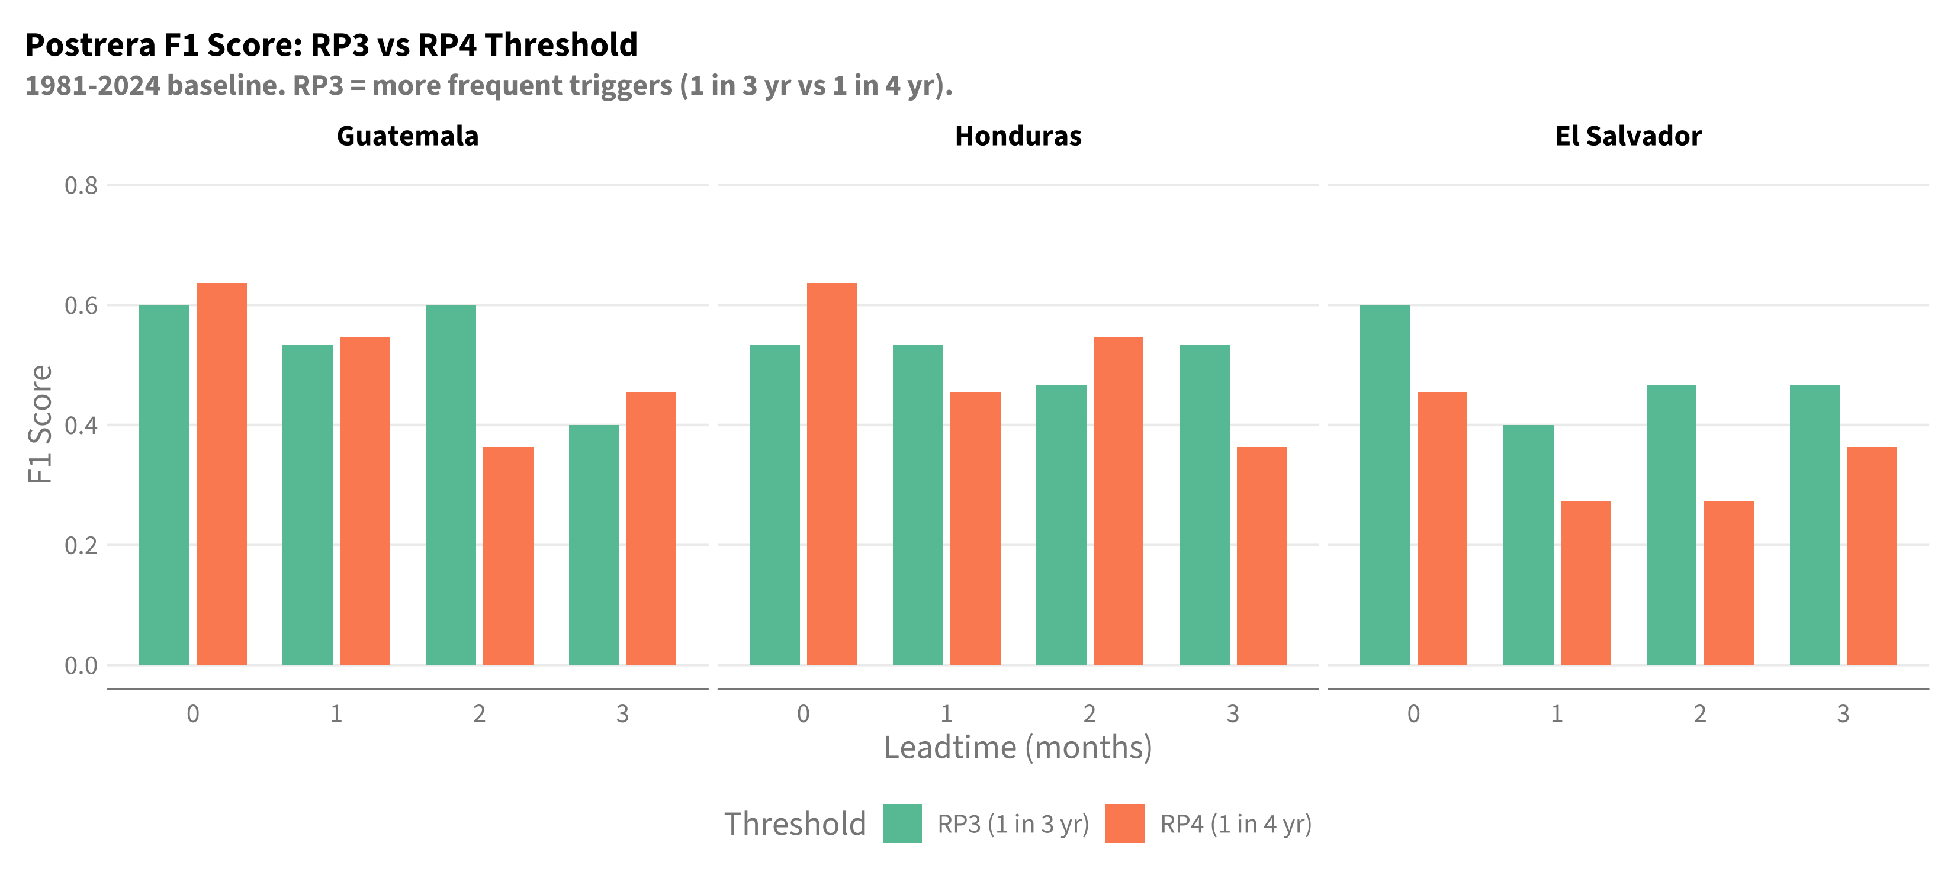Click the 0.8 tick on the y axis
pyautogui.click(x=81, y=186)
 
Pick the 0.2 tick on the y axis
pyautogui.click(x=81, y=545)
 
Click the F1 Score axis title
pyautogui.click(x=40, y=424)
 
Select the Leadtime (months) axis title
pyautogui.click(x=1018, y=748)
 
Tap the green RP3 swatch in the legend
pyautogui.click(x=902, y=823)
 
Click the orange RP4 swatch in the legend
pyautogui.click(x=1125, y=823)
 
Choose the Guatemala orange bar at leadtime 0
pyautogui.click(x=221, y=474)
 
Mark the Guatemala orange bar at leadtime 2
pyautogui.click(x=508, y=556)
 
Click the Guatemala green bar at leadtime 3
pyautogui.click(x=594, y=545)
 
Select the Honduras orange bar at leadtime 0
pyautogui.click(x=832, y=474)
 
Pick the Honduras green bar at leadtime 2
pyautogui.click(x=1061, y=525)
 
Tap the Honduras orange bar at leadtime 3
pyautogui.click(x=1261, y=556)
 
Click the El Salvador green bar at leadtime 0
pyautogui.click(x=1385, y=485)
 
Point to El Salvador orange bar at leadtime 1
pyautogui.click(x=1585, y=583)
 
